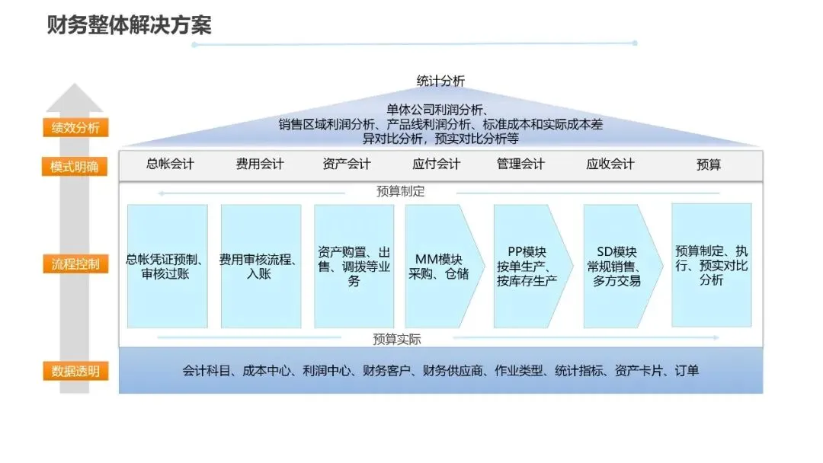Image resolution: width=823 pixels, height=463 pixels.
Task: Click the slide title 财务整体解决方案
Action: (x=129, y=24)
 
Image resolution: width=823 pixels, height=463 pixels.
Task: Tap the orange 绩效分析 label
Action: (x=75, y=127)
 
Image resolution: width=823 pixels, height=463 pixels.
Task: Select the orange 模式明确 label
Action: (x=74, y=167)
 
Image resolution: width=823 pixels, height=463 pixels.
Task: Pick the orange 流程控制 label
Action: (x=75, y=265)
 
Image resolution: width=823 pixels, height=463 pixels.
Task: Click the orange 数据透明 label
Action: (x=75, y=372)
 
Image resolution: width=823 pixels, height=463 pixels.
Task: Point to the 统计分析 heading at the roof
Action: (x=440, y=81)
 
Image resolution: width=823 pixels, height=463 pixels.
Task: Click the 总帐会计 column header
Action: (x=170, y=164)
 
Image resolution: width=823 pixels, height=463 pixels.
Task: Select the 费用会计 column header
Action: (x=260, y=164)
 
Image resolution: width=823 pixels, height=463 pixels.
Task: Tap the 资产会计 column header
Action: (x=347, y=164)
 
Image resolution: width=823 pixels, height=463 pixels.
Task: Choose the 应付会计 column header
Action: (x=437, y=164)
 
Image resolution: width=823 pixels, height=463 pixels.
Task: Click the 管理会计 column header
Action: (x=520, y=164)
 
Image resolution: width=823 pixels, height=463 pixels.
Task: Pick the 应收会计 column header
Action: (x=610, y=164)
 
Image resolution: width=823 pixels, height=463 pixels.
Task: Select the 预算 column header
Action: (x=709, y=164)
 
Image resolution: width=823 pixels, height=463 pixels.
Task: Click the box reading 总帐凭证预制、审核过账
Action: (x=167, y=266)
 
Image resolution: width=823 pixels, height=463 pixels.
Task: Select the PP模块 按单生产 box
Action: (x=527, y=266)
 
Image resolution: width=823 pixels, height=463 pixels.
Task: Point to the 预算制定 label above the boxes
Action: (x=400, y=192)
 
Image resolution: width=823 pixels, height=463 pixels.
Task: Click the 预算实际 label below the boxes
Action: (x=397, y=339)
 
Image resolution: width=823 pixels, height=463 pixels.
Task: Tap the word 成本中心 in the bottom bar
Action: (x=267, y=372)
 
